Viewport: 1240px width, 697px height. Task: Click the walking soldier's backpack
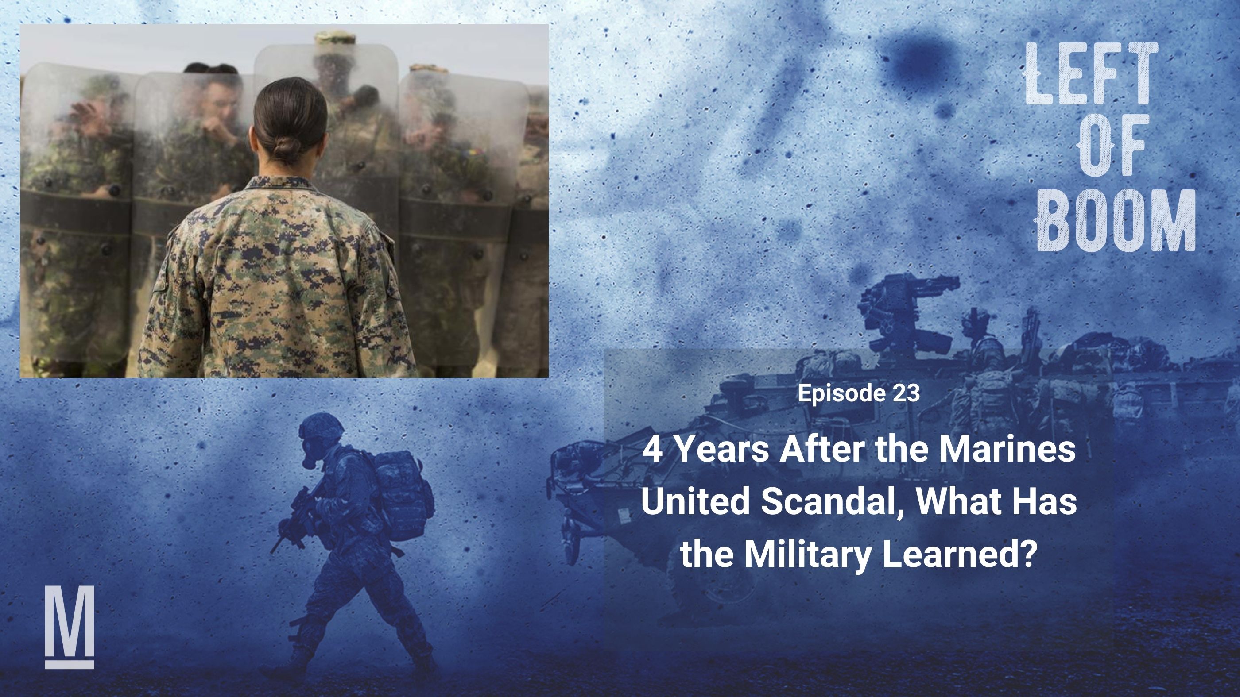click(x=402, y=496)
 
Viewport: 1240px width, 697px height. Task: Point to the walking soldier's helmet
click(x=322, y=425)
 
